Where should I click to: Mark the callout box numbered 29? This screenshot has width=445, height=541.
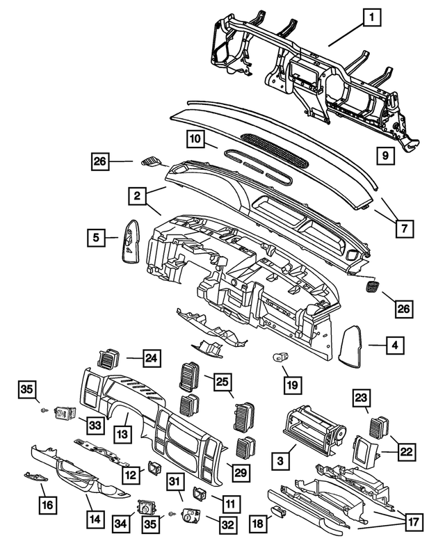pyautogui.click(x=238, y=472)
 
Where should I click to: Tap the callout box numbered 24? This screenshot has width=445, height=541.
pyautogui.click(x=152, y=359)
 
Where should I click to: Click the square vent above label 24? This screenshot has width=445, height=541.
pyautogui.click(x=108, y=360)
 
